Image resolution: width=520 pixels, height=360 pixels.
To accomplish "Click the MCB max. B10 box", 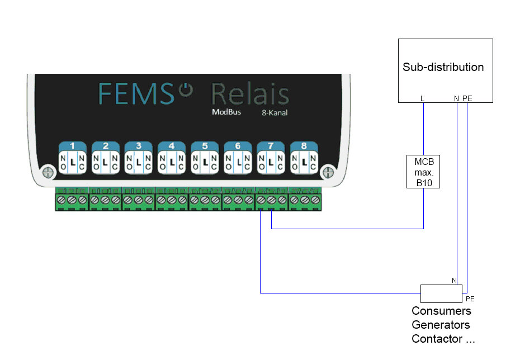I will (423, 172).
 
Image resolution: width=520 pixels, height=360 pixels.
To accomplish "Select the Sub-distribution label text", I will (443, 67).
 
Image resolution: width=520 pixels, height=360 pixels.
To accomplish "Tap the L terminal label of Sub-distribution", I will (423, 98).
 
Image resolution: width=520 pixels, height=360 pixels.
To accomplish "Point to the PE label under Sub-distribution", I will (467, 98).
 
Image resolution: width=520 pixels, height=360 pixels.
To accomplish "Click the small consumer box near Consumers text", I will (441, 293).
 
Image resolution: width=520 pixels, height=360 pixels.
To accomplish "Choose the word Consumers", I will (441, 311).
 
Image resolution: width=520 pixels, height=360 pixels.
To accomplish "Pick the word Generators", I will (441, 325).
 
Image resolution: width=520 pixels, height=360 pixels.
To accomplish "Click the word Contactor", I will (437, 339).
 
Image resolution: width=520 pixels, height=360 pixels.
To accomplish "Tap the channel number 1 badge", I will (72, 146).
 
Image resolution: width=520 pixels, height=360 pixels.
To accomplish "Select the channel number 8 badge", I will (304, 146).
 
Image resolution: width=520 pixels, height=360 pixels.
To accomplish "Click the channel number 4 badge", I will (171, 146).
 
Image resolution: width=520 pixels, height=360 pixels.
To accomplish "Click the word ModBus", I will (225, 112).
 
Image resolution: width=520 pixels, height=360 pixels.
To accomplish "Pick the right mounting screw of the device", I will (329, 170).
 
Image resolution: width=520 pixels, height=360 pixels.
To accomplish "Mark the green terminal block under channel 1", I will (72, 200).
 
